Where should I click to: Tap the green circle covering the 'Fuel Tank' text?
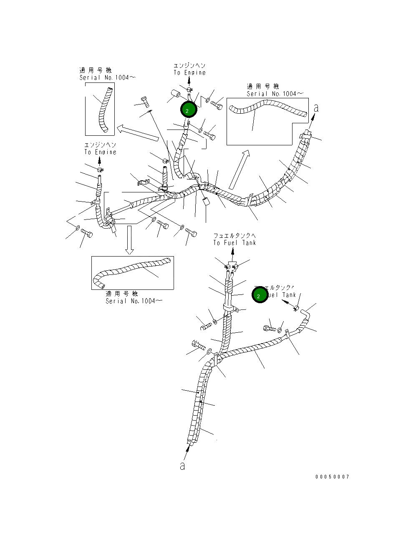pos(259,295)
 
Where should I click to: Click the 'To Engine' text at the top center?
pos(189,72)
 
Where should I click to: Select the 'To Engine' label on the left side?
pos(100,152)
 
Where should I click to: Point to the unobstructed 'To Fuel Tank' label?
pos(234,242)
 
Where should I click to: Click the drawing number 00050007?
pos(332,477)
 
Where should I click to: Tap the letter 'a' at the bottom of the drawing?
pos(182,466)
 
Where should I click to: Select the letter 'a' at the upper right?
pos(316,108)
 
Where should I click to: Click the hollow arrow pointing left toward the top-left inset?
pos(138,132)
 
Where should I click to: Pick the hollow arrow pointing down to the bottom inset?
pos(130,239)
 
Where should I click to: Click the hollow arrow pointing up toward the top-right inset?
pos(239,170)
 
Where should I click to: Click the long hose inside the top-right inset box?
pos(267,110)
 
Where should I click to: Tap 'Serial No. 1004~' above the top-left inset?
pos(108,77)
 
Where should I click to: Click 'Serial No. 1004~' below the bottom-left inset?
pos(134,301)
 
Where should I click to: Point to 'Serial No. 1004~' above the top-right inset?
pos(275,94)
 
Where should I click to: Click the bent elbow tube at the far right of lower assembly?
pos(307,317)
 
